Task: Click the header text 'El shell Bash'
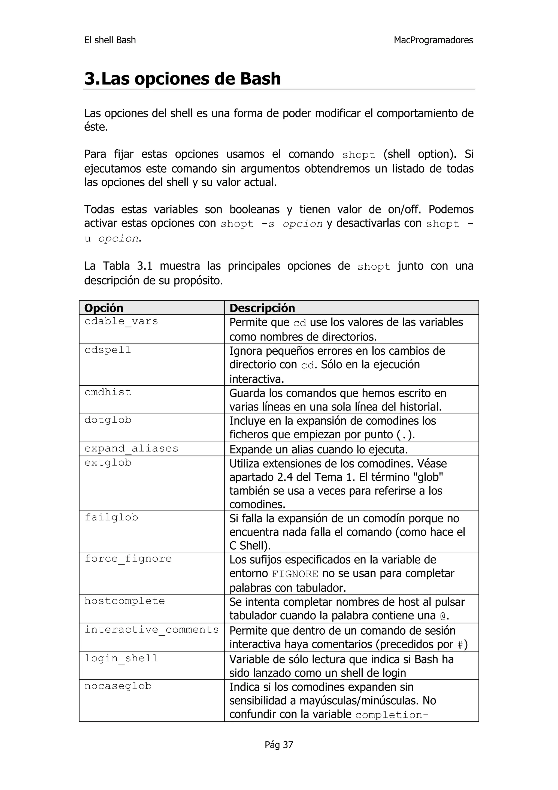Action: coord(110,40)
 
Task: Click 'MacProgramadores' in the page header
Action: coord(433,40)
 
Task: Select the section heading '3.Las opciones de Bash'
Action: coord(183,79)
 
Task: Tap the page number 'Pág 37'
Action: coord(279,745)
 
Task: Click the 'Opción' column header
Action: coord(104,307)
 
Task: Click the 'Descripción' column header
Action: coord(262,307)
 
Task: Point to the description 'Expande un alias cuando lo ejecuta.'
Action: coord(318,449)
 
